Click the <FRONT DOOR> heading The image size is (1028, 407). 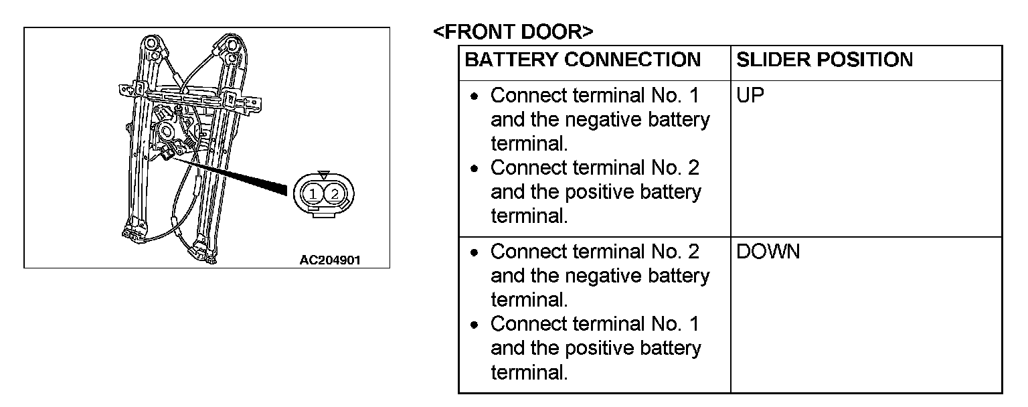click(513, 31)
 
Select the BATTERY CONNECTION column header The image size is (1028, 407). click(582, 60)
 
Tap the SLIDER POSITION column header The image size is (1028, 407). click(824, 60)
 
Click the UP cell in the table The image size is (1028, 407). click(750, 96)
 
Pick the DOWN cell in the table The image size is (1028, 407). click(768, 252)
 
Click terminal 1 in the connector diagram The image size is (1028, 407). click(313, 194)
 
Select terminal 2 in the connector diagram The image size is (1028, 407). click(335, 194)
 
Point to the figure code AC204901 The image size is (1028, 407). click(330, 260)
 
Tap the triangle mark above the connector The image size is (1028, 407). click(324, 175)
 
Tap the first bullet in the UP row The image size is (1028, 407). click(475, 96)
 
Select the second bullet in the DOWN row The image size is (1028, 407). click(475, 325)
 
